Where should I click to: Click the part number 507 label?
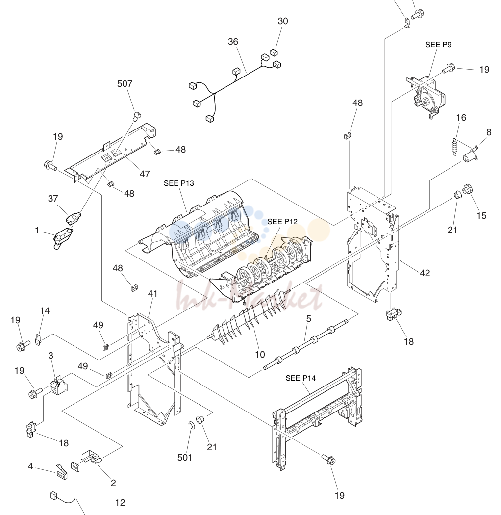coord(125,84)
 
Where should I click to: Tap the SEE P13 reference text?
coord(179,183)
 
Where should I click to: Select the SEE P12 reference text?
coord(282,222)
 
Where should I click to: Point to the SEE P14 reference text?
coord(301,378)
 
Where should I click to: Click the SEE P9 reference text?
coord(438,45)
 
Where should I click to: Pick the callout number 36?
coord(233,42)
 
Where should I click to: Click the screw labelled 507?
coord(137,116)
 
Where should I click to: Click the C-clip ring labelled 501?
coord(192,425)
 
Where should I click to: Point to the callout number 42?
coord(425,273)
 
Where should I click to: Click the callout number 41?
coord(152,294)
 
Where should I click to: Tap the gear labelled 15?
coord(468,189)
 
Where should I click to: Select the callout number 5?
coord(309,319)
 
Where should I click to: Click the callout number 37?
coord(53,198)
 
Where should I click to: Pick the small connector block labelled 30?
coord(274,52)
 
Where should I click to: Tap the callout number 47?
coord(145,174)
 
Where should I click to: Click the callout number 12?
coord(120,503)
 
